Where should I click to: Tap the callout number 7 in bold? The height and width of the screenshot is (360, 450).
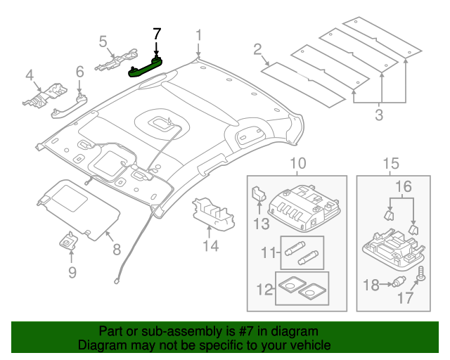click(157, 33)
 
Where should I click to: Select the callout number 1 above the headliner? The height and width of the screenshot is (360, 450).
click(199, 35)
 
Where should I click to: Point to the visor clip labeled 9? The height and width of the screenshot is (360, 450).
click(69, 242)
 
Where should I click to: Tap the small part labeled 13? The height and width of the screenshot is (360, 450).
click(258, 194)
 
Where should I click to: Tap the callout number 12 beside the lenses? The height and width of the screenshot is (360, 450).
click(263, 288)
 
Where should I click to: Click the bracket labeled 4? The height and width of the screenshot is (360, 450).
click(43, 95)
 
